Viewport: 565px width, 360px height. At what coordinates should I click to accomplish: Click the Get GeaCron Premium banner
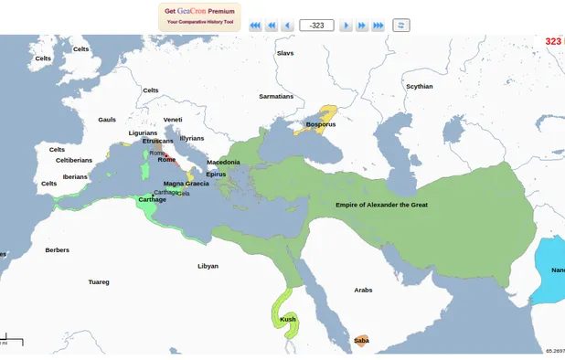198,16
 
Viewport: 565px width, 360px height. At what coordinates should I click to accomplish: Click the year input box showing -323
316,26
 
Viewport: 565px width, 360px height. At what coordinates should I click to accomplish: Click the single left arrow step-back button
287,26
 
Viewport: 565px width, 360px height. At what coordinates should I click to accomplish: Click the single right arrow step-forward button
346,26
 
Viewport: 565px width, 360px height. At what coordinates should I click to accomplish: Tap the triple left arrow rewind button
255,26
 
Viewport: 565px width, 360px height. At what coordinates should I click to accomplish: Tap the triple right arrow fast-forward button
378,26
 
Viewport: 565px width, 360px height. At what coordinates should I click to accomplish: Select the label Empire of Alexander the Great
381,205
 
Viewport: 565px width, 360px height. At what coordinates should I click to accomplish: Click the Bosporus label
321,124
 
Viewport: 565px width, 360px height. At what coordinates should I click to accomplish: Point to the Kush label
288,319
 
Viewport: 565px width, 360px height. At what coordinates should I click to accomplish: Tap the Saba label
361,341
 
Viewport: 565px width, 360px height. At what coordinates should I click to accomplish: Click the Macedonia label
223,163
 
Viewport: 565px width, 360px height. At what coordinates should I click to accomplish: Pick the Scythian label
419,87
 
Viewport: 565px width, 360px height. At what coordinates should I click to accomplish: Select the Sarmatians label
276,96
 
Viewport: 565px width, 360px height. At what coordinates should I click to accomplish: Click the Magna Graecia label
186,184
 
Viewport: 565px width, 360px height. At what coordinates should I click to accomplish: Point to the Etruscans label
157,141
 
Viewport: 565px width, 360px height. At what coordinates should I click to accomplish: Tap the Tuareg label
98,281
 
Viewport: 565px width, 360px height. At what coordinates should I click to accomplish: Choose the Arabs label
363,290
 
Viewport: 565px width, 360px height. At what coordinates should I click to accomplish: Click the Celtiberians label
74,160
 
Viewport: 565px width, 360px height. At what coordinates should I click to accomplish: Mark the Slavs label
285,53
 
